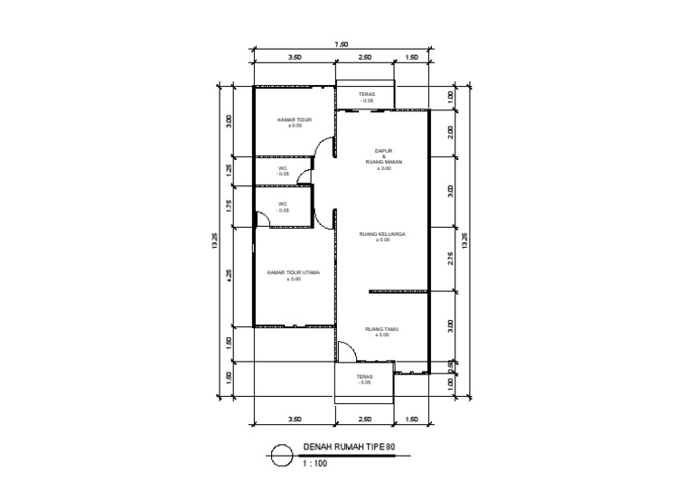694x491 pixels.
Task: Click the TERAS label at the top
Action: tap(366, 94)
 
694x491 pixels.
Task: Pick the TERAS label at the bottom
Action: tap(364, 378)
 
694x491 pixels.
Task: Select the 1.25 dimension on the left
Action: tap(230, 169)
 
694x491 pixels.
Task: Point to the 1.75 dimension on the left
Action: tap(230, 205)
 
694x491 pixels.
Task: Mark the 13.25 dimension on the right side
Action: tap(465, 240)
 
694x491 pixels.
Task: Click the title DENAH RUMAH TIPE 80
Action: tap(349, 448)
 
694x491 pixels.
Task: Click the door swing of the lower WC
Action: tap(262, 218)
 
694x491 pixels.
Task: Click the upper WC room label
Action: tap(283, 169)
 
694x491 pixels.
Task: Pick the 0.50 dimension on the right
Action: tap(450, 364)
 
